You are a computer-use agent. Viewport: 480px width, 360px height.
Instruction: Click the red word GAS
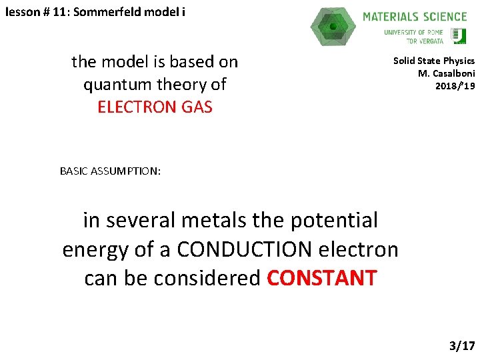194,107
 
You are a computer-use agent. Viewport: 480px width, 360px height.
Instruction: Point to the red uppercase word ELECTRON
136,107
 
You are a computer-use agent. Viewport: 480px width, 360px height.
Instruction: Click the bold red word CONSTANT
322,278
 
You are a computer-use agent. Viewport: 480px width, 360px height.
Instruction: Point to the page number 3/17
462,345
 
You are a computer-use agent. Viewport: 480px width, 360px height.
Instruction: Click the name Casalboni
452,73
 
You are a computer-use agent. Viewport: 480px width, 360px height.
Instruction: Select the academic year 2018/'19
455,85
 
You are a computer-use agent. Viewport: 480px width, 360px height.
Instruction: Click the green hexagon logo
333,27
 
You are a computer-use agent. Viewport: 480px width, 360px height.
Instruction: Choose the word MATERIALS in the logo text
389,17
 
